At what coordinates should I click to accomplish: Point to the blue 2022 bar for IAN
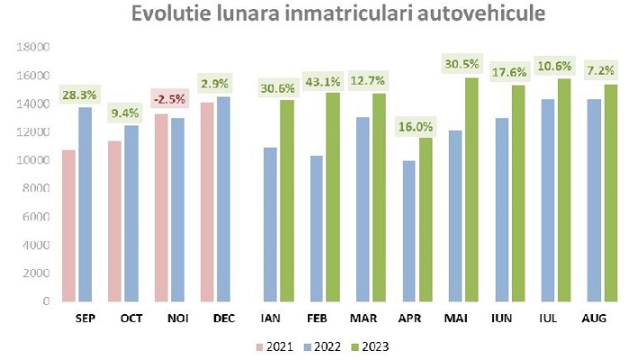click(269, 224)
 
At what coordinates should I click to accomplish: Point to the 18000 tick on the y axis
click(35, 47)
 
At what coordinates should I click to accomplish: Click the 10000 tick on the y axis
click(35, 160)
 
